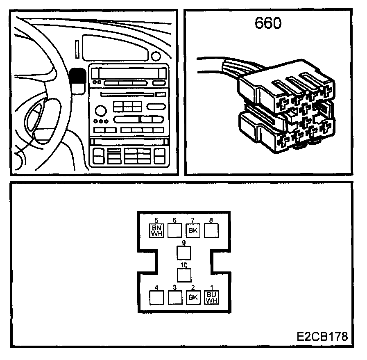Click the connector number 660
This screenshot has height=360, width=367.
coord(268,23)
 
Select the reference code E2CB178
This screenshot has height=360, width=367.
coord(322,337)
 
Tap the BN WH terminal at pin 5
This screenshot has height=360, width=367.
coord(156,231)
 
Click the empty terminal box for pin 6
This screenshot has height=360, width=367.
coord(175,231)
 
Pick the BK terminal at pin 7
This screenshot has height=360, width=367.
coord(193,231)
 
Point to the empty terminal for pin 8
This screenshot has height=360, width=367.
coord(211,231)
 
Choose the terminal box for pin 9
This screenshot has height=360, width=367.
coord(184,252)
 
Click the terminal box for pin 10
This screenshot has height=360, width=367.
coord(184,274)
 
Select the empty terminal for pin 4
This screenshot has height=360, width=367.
coord(156,297)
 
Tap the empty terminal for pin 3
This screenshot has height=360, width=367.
coord(175,297)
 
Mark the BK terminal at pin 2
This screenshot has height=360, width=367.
coord(193,297)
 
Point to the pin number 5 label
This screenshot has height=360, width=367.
coord(156,220)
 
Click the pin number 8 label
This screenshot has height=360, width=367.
coord(211,220)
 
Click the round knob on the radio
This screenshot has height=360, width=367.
coord(100,110)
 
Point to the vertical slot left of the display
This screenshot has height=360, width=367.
coord(77,48)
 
